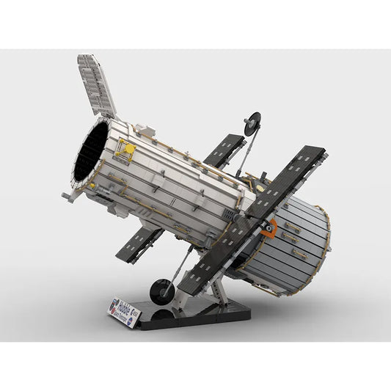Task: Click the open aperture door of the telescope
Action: (x=97, y=85)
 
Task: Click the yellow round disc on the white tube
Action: (x=130, y=148)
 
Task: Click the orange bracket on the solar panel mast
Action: (x=269, y=227)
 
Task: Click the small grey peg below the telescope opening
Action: (x=67, y=197)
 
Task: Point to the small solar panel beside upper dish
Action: (x=223, y=151)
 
